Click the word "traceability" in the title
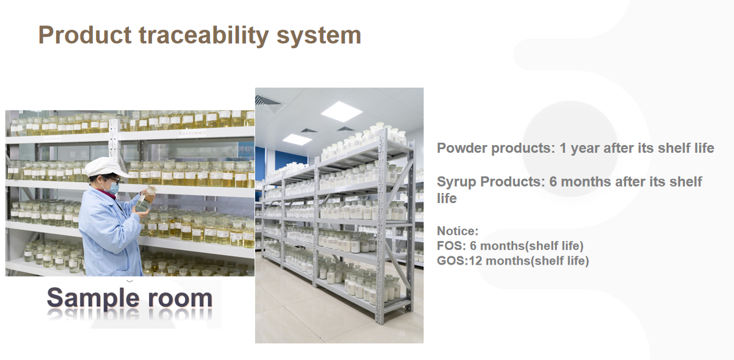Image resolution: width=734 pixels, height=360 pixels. click(204, 36)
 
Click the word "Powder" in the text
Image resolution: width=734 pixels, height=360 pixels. click(462, 148)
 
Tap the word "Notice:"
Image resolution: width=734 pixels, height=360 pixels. click(458, 231)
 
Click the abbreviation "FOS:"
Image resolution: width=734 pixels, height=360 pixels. click(452, 246)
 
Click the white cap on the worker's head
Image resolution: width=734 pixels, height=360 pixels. click(105, 167)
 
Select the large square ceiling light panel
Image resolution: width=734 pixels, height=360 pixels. click(342, 111)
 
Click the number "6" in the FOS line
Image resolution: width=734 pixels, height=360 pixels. click(473, 246)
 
